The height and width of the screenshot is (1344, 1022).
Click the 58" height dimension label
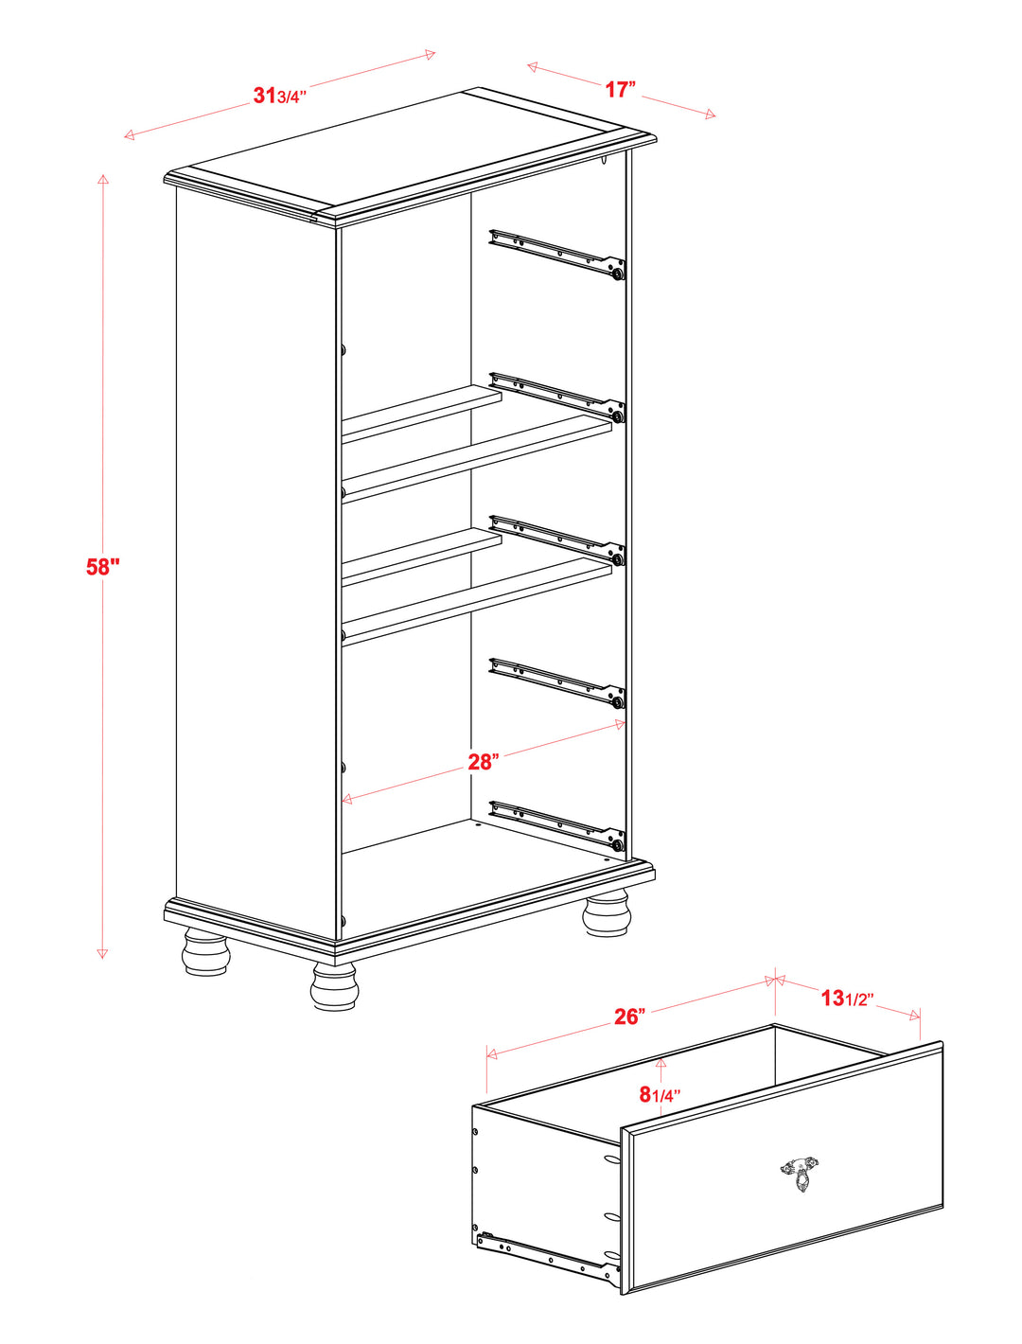pyautogui.click(x=103, y=567)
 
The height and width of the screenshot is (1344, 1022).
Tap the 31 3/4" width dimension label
pyautogui.click(x=280, y=96)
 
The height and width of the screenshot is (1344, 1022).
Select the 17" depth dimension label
pyautogui.click(x=621, y=89)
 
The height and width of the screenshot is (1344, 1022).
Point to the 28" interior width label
pyautogui.click(x=484, y=762)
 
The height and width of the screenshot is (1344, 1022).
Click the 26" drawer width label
pyautogui.click(x=629, y=1017)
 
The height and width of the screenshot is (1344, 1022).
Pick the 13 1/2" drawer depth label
pyautogui.click(x=847, y=998)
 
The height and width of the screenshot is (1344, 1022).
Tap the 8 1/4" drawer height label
pyautogui.click(x=660, y=1094)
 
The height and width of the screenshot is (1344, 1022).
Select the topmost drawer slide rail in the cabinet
pyautogui.click(x=557, y=255)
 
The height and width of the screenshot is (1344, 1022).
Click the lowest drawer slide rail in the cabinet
pyautogui.click(x=557, y=826)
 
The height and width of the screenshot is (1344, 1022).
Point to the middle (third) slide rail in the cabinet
pyautogui.click(x=557, y=540)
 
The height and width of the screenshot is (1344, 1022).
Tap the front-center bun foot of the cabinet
pyautogui.click(x=334, y=985)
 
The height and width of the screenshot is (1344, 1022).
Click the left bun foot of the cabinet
pyautogui.click(x=206, y=951)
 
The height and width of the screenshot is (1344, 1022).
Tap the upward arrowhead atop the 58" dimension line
pyautogui.click(x=103, y=180)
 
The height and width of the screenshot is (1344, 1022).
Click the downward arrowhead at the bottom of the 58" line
pyautogui.click(x=103, y=953)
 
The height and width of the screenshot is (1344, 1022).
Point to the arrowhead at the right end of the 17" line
pyautogui.click(x=711, y=114)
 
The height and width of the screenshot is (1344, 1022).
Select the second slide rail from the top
pyautogui.click(x=557, y=398)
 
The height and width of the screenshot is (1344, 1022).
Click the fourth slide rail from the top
pyautogui.click(x=557, y=683)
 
